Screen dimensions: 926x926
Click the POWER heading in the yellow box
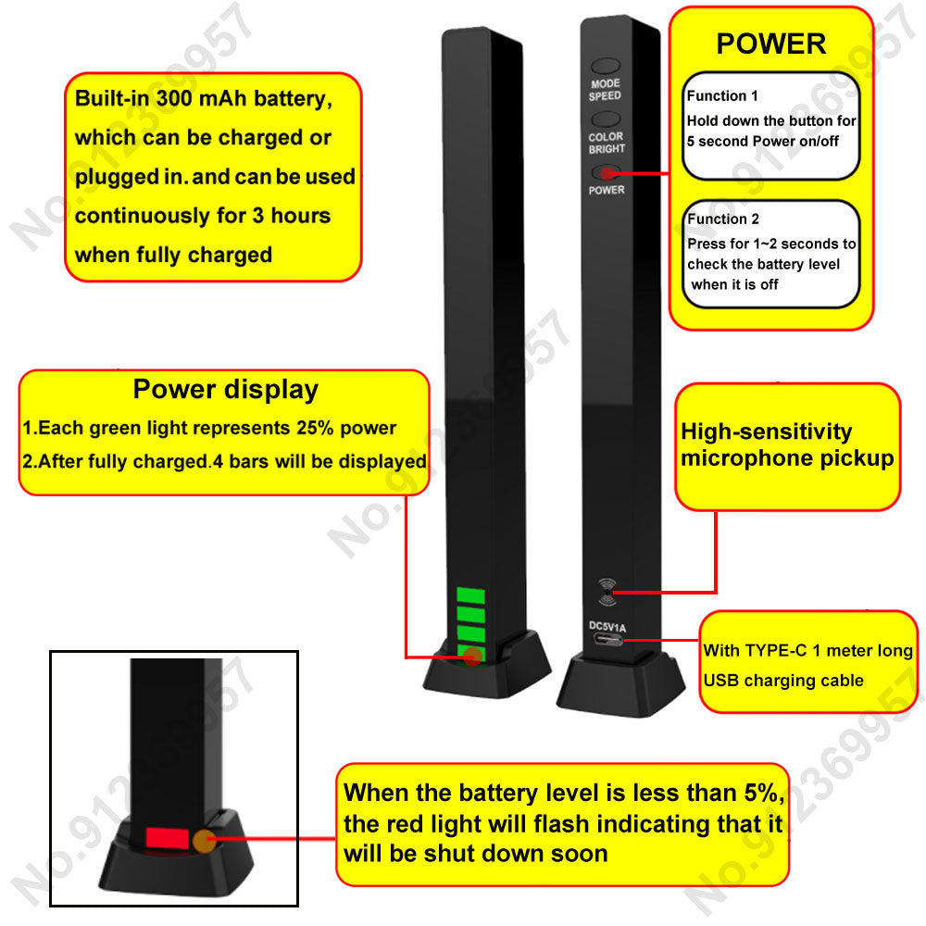(x=770, y=44)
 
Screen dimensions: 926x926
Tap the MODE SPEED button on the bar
(x=606, y=68)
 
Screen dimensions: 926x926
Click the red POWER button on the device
(x=606, y=172)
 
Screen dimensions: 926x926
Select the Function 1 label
(x=722, y=95)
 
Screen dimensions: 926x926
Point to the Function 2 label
(x=723, y=219)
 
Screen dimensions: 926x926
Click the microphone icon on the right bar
(x=607, y=592)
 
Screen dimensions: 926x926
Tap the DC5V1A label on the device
(x=607, y=627)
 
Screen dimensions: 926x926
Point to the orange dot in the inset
(x=204, y=841)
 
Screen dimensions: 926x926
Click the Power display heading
(x=225, y=390)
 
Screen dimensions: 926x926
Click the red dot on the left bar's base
(x=472, y=657)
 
